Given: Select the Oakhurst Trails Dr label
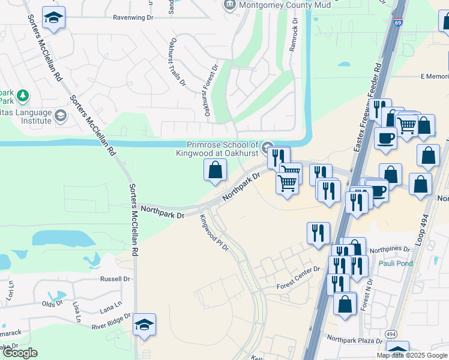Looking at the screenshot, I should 177,61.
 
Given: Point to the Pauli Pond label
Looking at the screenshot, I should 396,263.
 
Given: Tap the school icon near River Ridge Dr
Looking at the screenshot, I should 144,325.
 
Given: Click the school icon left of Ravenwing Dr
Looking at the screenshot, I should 54,18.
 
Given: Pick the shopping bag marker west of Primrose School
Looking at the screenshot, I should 215,170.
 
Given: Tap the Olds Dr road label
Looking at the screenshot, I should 52,304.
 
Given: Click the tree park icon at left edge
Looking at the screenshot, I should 22,95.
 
